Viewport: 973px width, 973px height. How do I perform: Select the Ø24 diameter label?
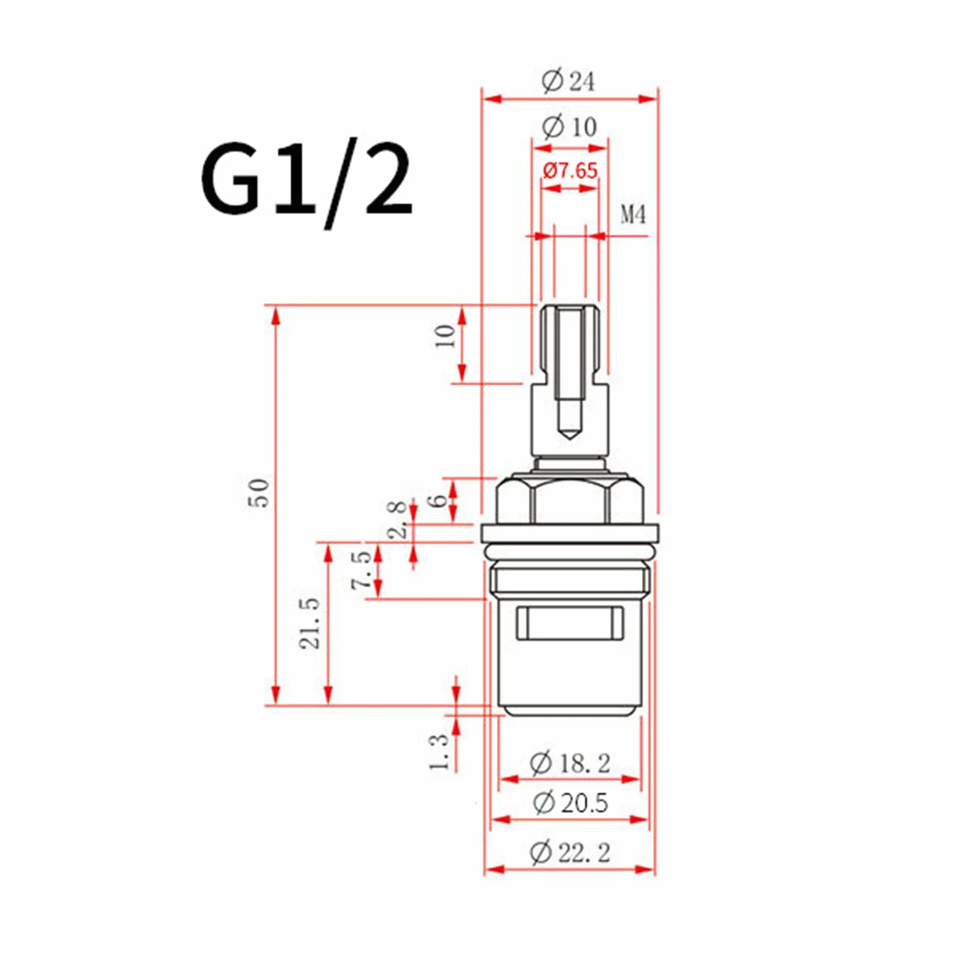click(x=568, y=81)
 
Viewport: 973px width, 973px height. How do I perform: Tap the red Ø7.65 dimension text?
click(x=570, y=171)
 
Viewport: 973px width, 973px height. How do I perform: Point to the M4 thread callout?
click(x=633, y=215)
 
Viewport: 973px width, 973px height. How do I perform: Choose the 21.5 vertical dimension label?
click(x=310, y=623)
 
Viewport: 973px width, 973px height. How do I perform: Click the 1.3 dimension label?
click(x=439, y=752)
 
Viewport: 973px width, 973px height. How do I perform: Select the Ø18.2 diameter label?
click(x=569, y=763)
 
